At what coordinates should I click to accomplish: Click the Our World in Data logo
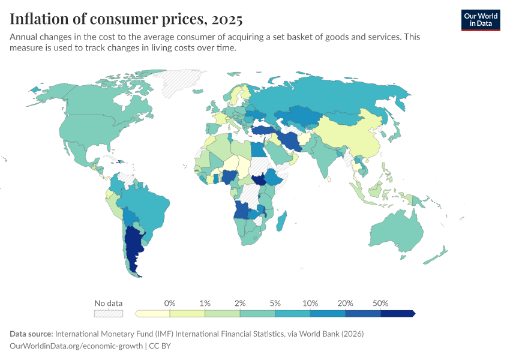coord(481,20)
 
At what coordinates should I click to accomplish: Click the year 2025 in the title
coord(227,19)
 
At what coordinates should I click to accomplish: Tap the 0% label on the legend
coord(170,303)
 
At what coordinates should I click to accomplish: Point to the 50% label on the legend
coord(380,303)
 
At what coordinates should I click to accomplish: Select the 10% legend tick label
coord(310,303)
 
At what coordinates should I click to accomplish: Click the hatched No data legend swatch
coord(109,313)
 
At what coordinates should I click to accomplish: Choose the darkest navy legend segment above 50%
coord(398,313)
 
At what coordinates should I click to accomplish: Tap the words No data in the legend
coord(109,303)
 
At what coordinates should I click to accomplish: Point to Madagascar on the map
coord(281,221)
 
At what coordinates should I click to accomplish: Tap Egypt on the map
coord(257,149)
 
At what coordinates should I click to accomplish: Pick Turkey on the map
coord(264,131)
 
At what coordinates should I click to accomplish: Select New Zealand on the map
coord(436,255)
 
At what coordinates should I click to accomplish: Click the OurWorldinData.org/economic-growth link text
coord(76,346)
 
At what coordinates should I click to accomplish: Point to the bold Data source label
coord(31,334)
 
